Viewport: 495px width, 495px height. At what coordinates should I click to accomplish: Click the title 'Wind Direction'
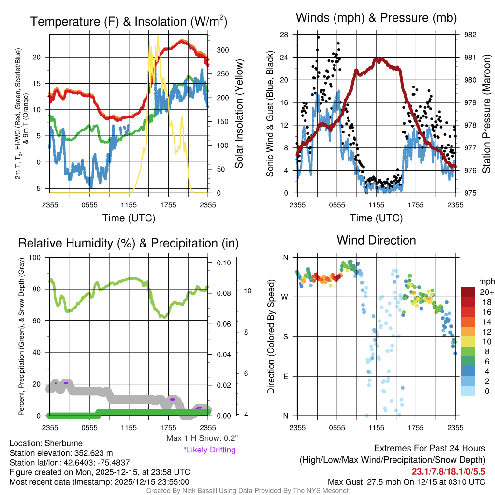pyautogui.click(x=376, y=240)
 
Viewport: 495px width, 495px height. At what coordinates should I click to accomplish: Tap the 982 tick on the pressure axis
pyautogui.click(x=470, y=35)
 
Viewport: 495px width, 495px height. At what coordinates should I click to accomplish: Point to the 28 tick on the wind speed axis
pyautogui.click(x=284, y=35)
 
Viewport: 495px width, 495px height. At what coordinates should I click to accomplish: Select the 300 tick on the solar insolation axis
pyautogui.click(x=223, y=50)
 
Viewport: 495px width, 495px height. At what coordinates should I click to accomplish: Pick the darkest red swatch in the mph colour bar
pyautogui.click(x=468, y=292)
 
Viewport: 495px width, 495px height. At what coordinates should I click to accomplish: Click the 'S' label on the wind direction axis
pyautogui.click(x=285, y=336)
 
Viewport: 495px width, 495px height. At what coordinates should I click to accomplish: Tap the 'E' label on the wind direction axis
pyautogui.click(x=285, y=376)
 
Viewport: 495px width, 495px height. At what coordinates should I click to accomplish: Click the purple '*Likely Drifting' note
pyautogui.click(x=209, y=450)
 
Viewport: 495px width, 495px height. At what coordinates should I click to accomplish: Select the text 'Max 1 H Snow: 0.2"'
pyautogui.click(x=202, y=438)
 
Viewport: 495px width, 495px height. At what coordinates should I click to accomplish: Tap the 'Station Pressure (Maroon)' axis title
pyautogui.click(x=487, y=114)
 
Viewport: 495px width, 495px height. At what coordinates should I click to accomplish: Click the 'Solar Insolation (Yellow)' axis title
pyautogui.click(x=239, y=114)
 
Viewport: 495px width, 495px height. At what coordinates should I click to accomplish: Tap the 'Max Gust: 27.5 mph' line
pyautogui.click(x=407, y=481)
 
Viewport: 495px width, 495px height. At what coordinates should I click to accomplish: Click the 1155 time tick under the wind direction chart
pyautogui.click(x=376, y=428)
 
